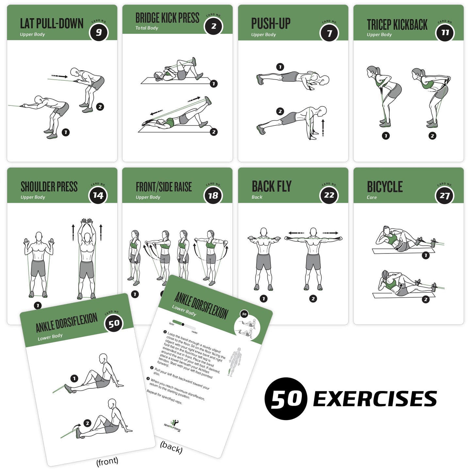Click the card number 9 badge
98,32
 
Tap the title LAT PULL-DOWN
52,24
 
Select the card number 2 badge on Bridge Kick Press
214,26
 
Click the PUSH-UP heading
270,24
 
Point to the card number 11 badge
445,32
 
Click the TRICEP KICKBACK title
397,25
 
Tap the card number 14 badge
98,195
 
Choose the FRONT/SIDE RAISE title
164,187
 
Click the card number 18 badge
213,195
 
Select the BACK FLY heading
271,187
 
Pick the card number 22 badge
329,195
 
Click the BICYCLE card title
384,187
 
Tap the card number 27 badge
445,196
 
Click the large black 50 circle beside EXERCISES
286,399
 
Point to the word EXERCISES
375,399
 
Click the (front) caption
107,461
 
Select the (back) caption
171,447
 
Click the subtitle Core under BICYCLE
371,197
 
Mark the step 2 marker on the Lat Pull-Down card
100,107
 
